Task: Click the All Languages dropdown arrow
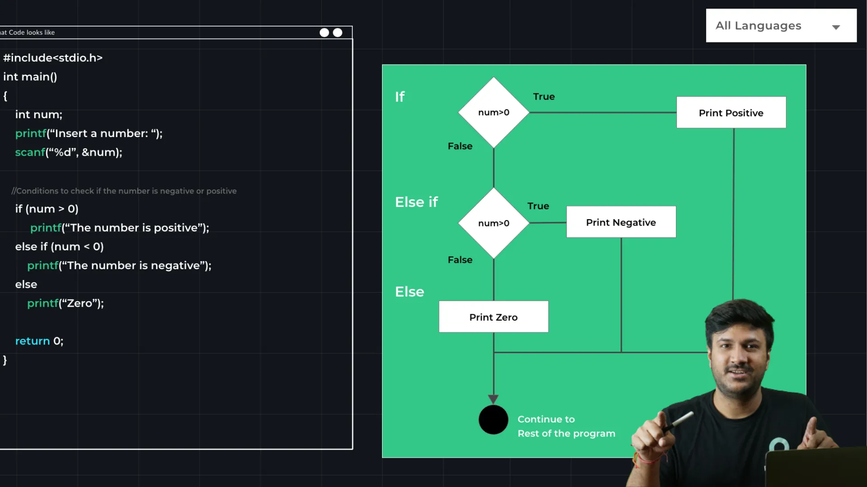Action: click(836, 27)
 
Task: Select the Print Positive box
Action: click(731, 113)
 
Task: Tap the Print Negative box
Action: click(621, 222)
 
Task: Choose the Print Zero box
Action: click(493, 317)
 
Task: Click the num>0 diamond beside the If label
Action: click(494, 112)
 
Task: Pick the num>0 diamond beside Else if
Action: click(494, 223)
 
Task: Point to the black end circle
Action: click(493, 420)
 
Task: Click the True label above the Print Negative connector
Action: click(538, 206)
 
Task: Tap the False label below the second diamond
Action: click(460, 260)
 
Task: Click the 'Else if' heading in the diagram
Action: click(416, 202)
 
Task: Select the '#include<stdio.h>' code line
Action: click(53, 58)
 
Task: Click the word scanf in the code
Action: click(30, 152)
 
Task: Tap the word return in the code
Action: click(33, 341)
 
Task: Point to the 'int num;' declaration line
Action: click(38, 115)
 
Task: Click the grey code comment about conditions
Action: click(124, 191)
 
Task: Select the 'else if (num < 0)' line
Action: click(59, 247)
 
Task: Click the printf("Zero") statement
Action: click(65, 303)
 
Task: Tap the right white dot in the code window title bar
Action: click(337, 32)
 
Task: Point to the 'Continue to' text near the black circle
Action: click(546, 419)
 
